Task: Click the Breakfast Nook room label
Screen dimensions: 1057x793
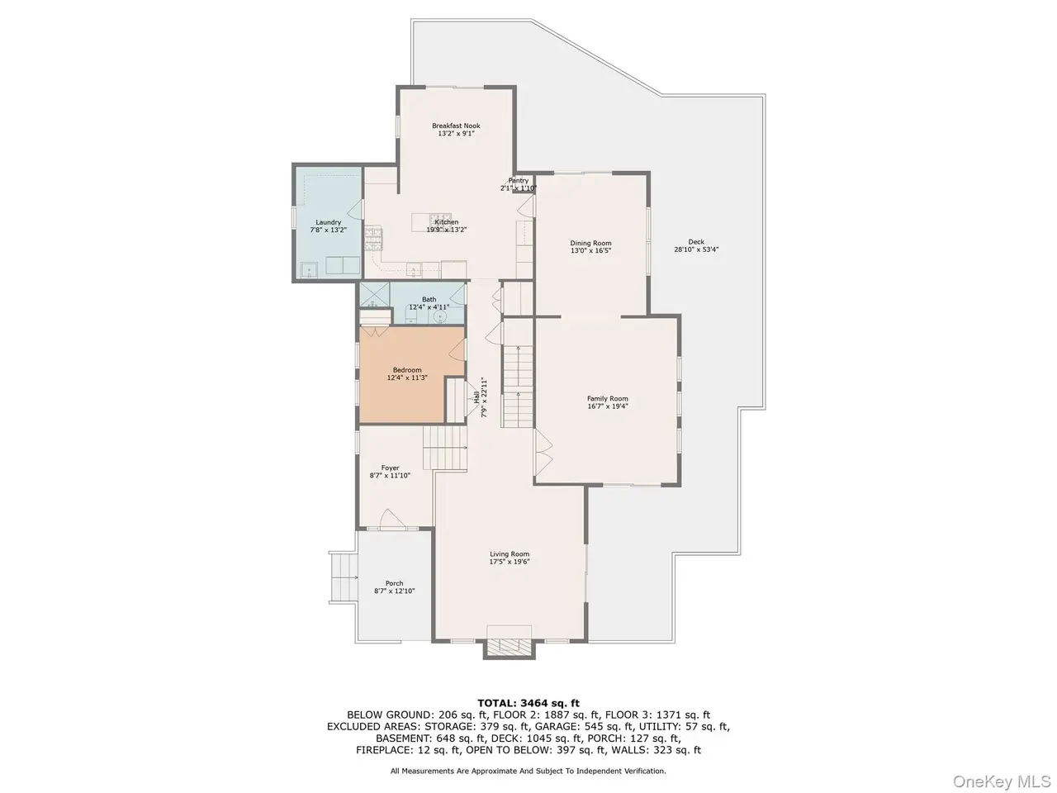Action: pyautogui.click(x=456, y=126)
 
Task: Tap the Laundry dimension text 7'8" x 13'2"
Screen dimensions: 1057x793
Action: pyautogui.click(x=328, y=230)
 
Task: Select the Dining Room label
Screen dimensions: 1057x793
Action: pyautogui.click(x=590, y=243)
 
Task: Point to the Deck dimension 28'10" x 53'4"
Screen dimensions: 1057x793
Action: pyautogui.click(x=696, y=249)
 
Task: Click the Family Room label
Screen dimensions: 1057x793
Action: pyautogui.click(x=607, y=399)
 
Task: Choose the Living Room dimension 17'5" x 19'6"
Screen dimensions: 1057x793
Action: pyautogui.click(x=510, y=562)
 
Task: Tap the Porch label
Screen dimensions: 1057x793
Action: pyautogui.click(x=394, y=583)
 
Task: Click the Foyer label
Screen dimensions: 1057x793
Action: pyautogui.click(x=390, y=468)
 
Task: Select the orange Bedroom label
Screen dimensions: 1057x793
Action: pyautogui.click(x=407, y=370)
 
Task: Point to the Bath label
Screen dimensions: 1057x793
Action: pyautogui.click(x=429, y=300)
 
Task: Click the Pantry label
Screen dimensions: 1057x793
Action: pyautogui.click(x=518, y=181)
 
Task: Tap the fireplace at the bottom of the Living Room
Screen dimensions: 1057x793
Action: pyautogui.click(x=509, y=643)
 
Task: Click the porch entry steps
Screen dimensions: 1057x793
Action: pyautogui.click(x=344, y=577)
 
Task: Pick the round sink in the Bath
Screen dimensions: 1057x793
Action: pyautogui.click(x=440, y=316)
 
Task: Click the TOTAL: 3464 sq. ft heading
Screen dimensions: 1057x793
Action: pyautogui.click(x=528, y=704)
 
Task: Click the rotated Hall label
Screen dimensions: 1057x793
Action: pyautogui.click(x=476, y=397)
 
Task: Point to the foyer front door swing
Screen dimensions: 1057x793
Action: pyautogui.click(x=392, y=518)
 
